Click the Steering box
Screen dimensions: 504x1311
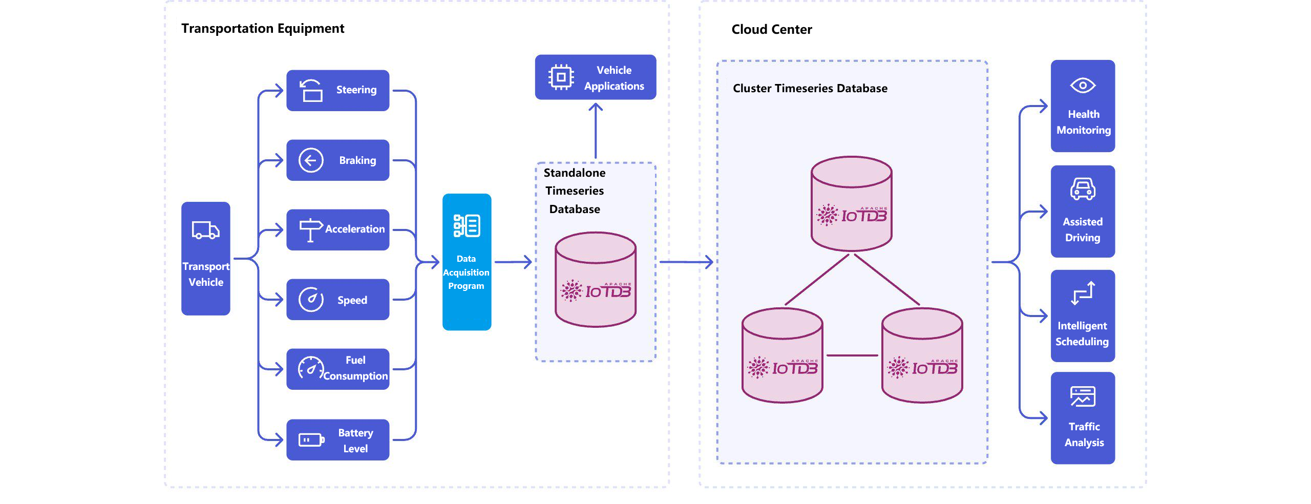(x=337, y=91)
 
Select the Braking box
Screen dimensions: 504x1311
(x=337, y=160)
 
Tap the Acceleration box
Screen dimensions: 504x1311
(x=337, y=229)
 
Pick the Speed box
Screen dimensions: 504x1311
(x=337, y=300)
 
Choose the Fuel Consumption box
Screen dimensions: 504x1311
(x=337, y=369)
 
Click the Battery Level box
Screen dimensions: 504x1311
(x=337, y=439)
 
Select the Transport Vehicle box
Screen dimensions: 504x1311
(x=206, y=258)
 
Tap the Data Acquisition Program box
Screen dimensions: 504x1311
(x=467, y=262)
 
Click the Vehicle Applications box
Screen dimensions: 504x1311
(x=595, y=77)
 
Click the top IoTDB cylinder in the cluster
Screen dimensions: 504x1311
(x=851, y=204)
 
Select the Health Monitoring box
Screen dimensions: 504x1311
(x=1083, y=106)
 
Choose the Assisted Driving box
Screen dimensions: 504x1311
(x=1083, y=211)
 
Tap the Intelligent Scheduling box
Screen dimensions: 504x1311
(x=1083, y=316)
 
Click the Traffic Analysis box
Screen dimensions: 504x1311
(x=1083, y=418)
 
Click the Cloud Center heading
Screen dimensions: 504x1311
(x=771, y=30)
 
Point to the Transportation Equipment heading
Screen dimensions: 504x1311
(x=263, y=29)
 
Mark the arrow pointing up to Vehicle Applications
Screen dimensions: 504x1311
(x=596, y=130)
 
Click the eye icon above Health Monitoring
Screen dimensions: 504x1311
(x=1083, y=86)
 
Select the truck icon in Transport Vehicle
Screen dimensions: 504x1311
(x=206, y=230)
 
